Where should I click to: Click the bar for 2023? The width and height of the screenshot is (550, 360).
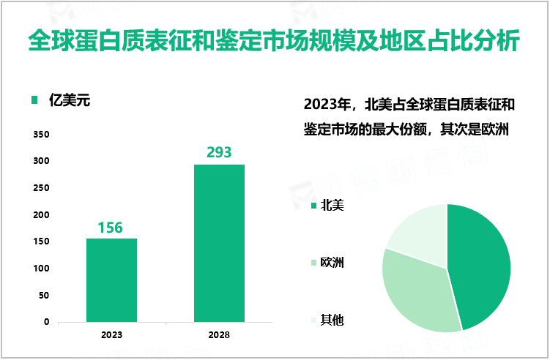pos(111,280)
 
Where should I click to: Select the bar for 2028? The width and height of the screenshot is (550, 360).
pos(219,243)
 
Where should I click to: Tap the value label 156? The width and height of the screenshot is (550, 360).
pos(111,228)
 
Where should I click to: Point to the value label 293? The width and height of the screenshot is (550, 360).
pos(219,153)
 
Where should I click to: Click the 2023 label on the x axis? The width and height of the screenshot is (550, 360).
pos(111,335)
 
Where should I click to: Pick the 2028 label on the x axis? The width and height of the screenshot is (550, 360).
pos(219,335)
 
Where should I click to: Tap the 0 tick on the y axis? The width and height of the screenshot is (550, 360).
pos(46,322)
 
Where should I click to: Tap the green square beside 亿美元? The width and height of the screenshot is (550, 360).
pos(34,101)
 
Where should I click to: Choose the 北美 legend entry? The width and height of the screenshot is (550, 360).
pos(332,206)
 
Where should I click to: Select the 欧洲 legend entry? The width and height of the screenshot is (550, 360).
pos(332,263)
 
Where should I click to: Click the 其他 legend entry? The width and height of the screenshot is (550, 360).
pos(332,320)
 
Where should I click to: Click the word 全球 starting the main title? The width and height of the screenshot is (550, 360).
pos(45,41)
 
